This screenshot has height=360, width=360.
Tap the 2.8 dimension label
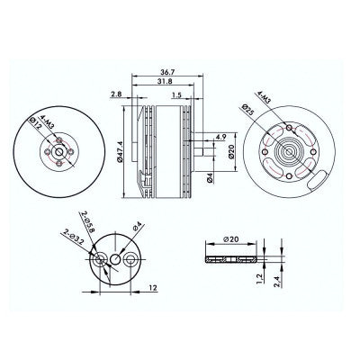click(x=115, y=94)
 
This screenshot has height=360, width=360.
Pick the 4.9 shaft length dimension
click(x=220, y=137)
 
